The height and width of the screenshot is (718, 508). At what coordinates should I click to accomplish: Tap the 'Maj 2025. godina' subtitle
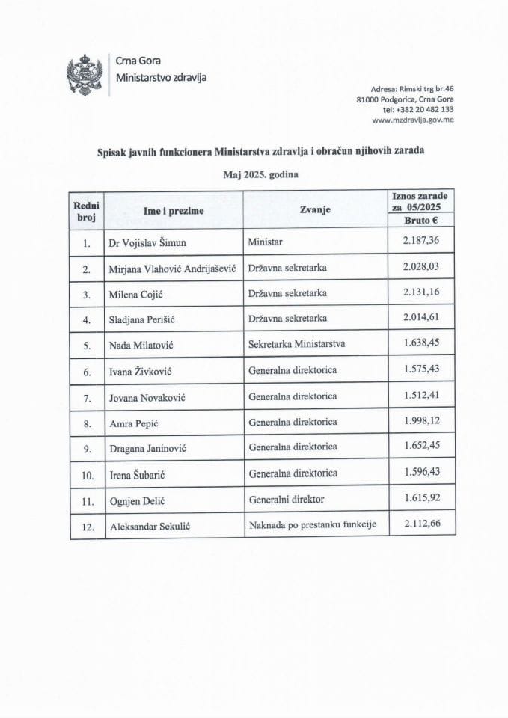[254, 174]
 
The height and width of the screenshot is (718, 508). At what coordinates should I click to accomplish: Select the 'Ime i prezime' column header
[174, 211]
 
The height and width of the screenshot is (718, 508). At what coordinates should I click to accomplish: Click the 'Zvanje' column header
[315, 211]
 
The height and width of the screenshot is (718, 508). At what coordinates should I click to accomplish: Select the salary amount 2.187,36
[419, 242]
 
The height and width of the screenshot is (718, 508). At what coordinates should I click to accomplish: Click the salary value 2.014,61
[419, 319]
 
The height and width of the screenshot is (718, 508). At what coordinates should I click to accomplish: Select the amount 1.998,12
[419, 422]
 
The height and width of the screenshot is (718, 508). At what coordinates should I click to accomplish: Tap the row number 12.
[88, 526]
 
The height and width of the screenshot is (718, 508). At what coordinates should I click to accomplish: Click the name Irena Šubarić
[142, 474]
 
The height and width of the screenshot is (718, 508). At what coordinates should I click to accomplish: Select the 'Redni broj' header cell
[88, 211]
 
